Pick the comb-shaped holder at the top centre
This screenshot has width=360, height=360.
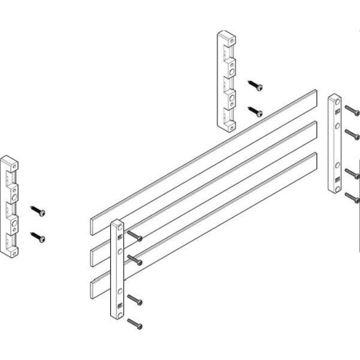coord(227,81)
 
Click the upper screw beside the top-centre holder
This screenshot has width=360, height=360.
coord(257,87)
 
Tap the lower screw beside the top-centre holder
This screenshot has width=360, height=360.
coord(257,110)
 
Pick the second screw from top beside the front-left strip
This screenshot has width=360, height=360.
coord(136,260)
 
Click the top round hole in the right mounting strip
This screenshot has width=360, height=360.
coord(336,105)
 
